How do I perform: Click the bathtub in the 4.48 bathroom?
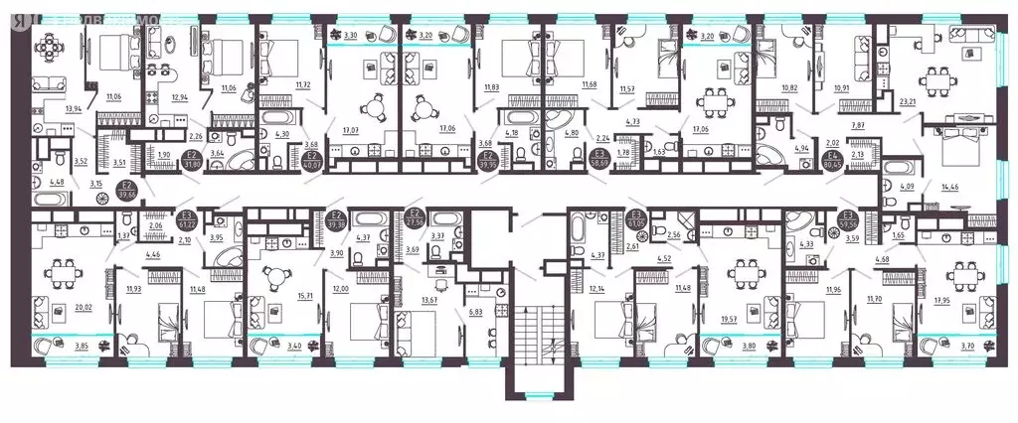coord(51,198)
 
